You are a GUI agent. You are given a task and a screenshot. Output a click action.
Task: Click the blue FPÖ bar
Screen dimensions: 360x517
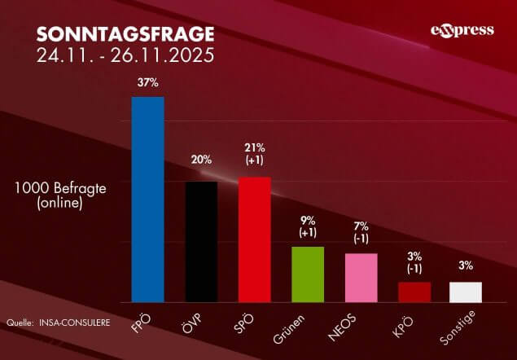[148, 200]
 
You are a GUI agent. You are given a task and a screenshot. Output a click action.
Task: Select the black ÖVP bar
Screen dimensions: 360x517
[201, 241]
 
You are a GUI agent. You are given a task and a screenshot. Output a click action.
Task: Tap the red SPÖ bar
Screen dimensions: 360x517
[254, 239]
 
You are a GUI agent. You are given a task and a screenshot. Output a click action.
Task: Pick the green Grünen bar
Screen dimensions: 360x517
[308, 274]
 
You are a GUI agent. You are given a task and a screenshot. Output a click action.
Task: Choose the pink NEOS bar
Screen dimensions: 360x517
[361, 277]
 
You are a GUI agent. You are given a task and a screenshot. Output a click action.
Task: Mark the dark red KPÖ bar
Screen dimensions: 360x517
[414, 292]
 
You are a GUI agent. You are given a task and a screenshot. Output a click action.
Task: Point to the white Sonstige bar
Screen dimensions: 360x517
[466, 292]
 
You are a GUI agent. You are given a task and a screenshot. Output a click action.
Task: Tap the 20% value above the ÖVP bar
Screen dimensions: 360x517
[201, 160]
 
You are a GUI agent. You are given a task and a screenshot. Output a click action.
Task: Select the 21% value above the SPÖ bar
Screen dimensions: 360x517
[254, 147]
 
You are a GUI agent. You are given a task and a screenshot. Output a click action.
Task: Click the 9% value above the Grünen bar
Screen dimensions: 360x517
[308, 219]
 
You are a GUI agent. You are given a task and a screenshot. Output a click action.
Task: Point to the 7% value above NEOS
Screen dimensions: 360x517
[361, 226]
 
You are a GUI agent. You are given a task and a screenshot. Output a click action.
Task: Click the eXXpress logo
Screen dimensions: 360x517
[462, 31]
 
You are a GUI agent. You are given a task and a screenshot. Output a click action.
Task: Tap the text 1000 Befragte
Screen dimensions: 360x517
[60, 188]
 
